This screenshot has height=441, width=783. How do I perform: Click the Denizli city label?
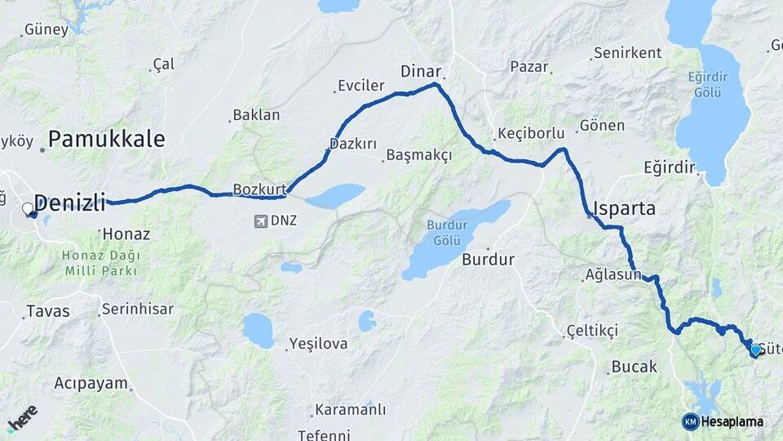71,203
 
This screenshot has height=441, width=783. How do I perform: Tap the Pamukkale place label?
106,139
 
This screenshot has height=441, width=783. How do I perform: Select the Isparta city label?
626,208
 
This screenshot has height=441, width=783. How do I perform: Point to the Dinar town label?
420,71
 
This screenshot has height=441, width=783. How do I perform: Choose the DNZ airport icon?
261,221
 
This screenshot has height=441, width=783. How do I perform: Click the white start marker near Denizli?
28,208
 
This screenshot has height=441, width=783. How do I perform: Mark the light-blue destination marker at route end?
755,350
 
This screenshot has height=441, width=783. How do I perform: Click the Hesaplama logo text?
732,421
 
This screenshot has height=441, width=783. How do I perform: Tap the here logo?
22,418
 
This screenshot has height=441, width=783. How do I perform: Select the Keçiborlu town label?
531,134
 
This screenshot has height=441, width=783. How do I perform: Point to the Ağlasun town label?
613,274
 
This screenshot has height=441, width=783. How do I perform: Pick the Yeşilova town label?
320,344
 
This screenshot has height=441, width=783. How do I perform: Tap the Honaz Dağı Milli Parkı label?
100,263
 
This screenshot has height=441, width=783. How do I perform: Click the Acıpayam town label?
91,383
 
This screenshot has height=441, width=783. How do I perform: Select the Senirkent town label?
627,53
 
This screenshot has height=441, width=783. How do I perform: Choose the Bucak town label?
634,367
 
